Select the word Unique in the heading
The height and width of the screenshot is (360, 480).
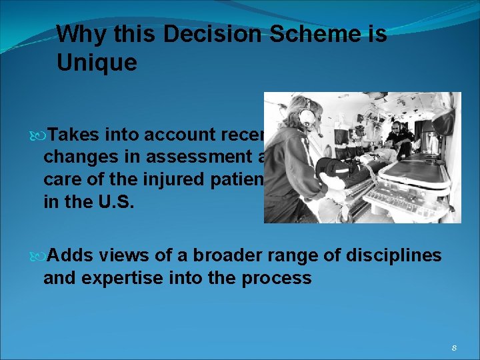97,63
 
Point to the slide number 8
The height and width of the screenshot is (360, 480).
454,347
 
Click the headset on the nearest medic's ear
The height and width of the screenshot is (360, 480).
307,118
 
